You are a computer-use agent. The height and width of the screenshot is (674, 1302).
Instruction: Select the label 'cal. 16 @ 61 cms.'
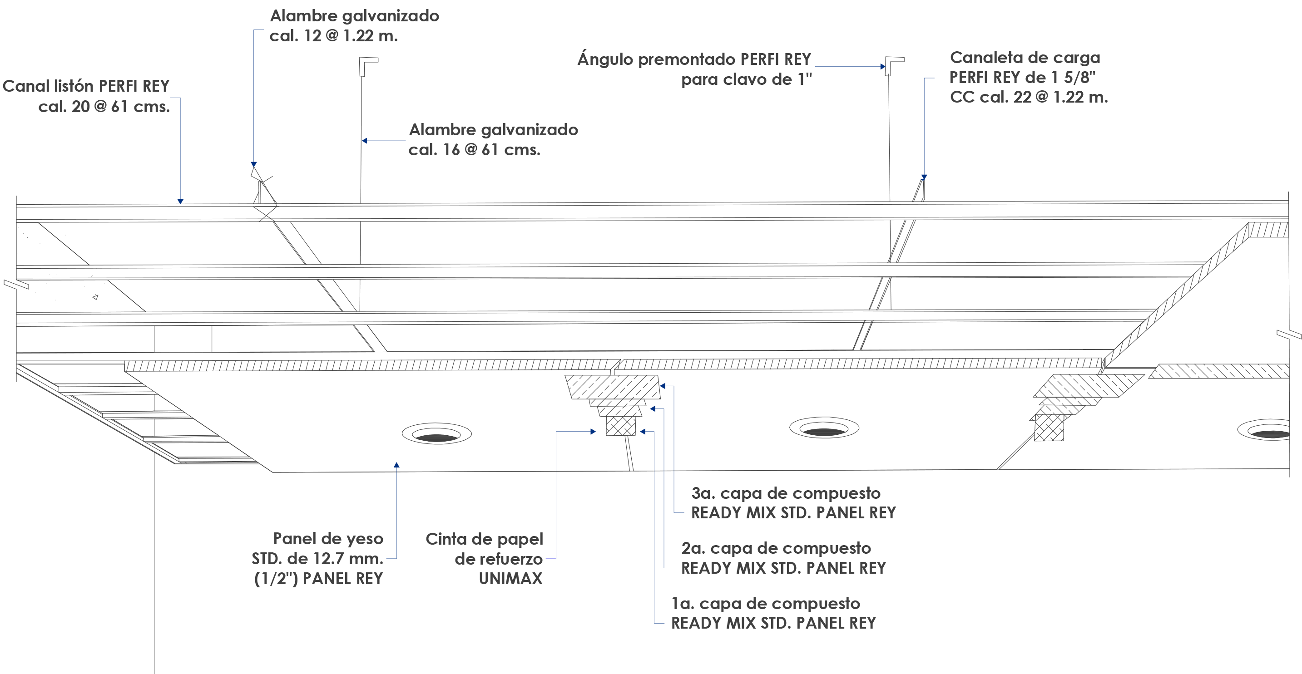(474, 150)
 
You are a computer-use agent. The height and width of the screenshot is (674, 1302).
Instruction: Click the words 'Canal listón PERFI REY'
(86, 86)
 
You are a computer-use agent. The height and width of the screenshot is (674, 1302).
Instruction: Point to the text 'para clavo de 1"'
(746, 80)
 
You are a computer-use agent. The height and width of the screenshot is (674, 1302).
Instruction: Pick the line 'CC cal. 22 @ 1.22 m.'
(1029, 97)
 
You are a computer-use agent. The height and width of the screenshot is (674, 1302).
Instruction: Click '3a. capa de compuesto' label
(786, 493)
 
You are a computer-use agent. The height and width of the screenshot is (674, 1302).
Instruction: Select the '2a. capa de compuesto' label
(776, 548)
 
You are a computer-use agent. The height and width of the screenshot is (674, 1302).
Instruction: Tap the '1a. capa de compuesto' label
(765, 604)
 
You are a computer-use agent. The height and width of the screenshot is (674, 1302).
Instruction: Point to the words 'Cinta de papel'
(484, 539)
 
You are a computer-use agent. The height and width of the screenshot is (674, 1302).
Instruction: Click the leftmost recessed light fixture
(437, 434)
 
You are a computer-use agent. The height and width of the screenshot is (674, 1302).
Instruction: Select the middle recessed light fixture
(824, 428)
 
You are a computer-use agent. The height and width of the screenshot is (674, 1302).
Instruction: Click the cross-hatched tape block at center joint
(621, 425)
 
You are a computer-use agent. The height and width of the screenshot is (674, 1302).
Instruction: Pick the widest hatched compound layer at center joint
(613, 387)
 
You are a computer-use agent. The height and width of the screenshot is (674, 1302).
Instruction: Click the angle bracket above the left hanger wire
(367, 64)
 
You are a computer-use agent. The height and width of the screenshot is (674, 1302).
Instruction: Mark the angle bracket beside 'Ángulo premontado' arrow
(894, 64)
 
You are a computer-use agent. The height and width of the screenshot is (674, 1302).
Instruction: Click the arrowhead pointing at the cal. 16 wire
(364, 141)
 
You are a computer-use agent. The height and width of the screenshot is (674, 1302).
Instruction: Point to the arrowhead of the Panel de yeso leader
(397, 465)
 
